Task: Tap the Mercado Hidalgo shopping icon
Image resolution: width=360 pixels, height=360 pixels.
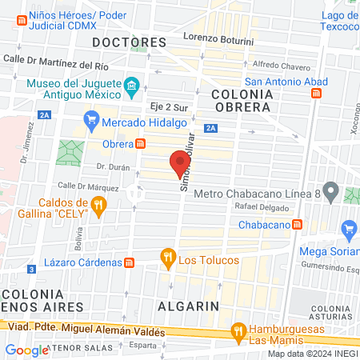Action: pos(93,122)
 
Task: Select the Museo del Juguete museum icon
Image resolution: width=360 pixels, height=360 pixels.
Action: pos(131,85)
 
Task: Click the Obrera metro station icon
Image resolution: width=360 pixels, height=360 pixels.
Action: pos(140,144)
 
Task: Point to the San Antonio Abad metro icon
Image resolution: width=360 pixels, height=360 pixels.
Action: pos(316,94)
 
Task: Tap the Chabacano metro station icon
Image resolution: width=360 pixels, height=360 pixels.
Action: pos(297,223)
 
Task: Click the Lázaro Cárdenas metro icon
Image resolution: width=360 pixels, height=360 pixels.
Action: pos(129,262)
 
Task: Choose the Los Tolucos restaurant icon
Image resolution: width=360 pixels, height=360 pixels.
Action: pos(167,258)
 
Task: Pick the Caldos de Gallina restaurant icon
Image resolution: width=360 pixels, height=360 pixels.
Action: pos(98,207)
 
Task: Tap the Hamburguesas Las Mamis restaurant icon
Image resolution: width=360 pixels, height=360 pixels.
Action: pos(238,330)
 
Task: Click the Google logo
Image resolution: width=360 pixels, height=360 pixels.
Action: pos(26,350)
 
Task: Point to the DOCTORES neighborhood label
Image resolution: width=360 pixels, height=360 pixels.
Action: pos(129,41)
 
